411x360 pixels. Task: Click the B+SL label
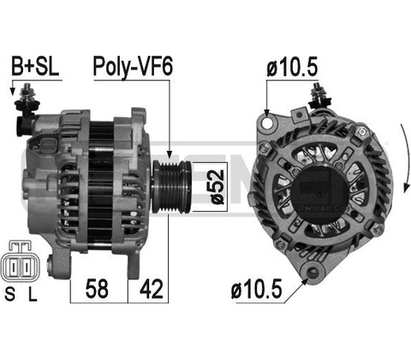(x=35, y=67)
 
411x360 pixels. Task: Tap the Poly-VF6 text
(x=133, y=68)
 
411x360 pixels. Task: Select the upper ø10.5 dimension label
(x=292, y=68)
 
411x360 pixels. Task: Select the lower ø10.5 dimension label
(x=257, y=289)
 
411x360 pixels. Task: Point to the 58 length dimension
(x=97, y=289)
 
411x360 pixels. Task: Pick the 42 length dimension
(x=151, y=289)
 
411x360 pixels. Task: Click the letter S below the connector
(x=10, y=294)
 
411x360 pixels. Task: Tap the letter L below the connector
(x=33, y=294)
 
